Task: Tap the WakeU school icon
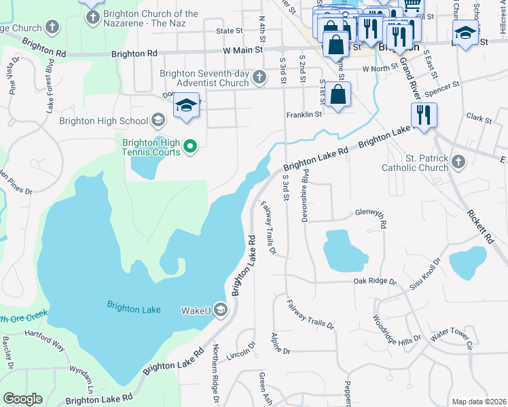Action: click(x=220, y=310)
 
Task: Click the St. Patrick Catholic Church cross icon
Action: click(x=458, y=161)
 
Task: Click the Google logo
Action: click(x=22, y=399)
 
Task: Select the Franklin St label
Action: click(x=303, y=115)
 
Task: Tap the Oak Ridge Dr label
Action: click(x=374, y=281)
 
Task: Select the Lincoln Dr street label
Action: click(x=242, y=355)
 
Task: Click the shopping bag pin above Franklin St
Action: click(x=338, y=95)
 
